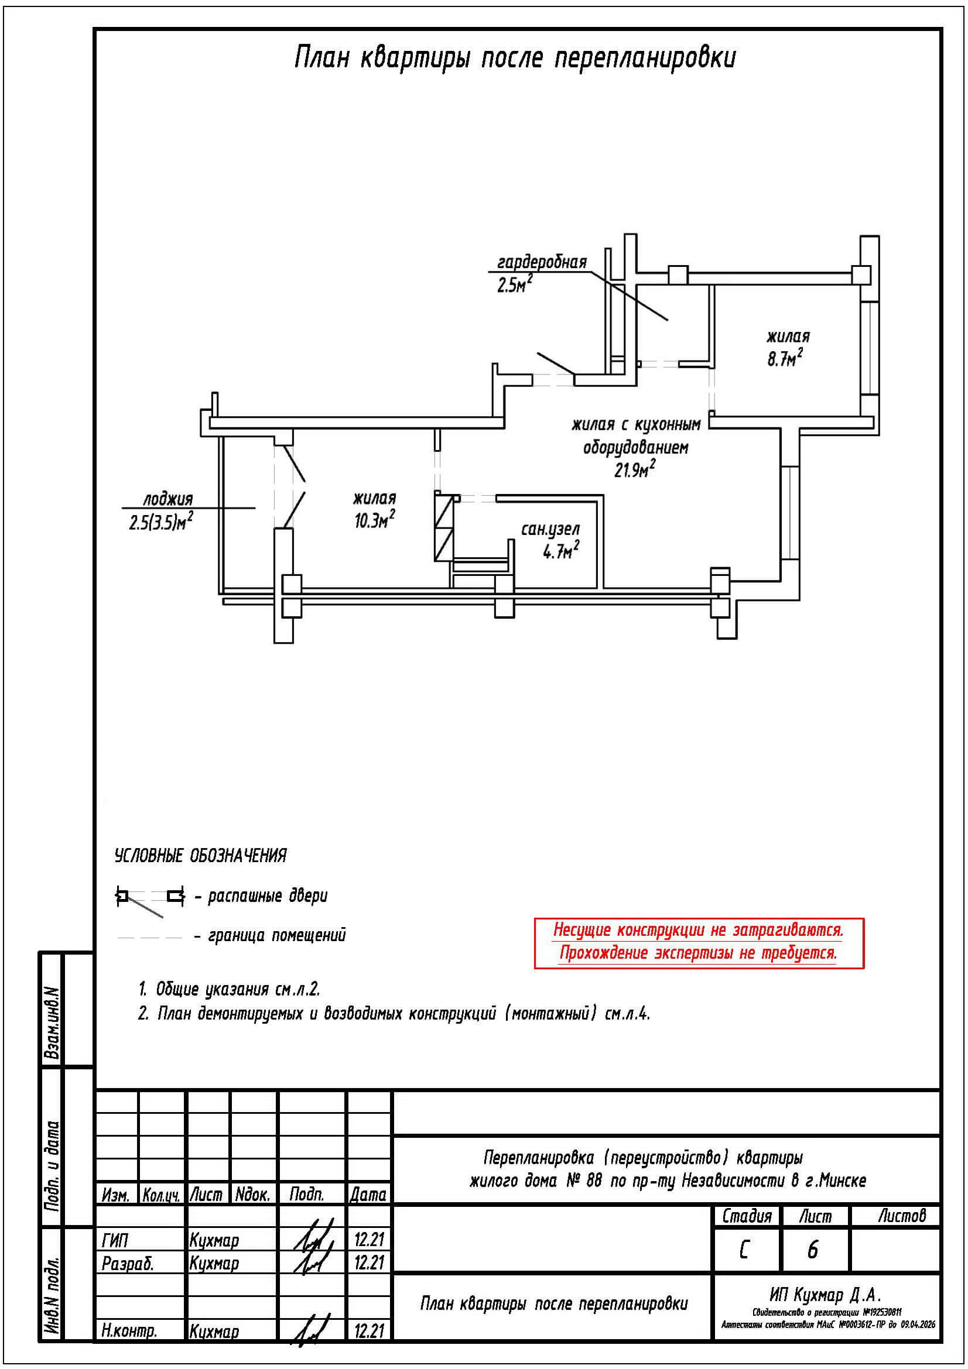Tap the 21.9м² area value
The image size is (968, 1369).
pos(635,469)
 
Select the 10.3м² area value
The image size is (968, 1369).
pos(375,520)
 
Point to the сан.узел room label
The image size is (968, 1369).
pos(550,529)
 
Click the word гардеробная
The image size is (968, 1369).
pos(542,262)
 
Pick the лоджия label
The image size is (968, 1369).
pos(167,499)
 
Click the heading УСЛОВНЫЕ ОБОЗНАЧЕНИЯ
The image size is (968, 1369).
pos(200,856)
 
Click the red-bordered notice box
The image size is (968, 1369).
pos(699,942)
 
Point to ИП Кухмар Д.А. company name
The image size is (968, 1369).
pos(825,1295)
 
